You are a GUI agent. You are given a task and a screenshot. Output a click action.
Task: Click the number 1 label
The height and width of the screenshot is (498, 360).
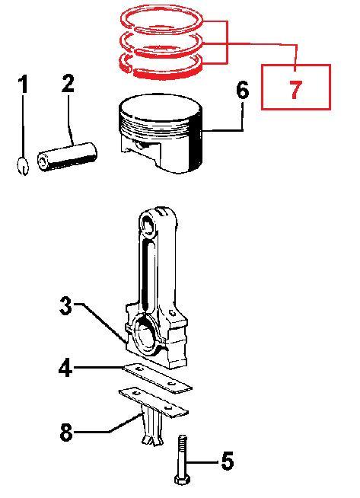coord(23,84)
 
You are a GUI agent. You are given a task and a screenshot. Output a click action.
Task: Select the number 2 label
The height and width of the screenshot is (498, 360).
coord(68,83)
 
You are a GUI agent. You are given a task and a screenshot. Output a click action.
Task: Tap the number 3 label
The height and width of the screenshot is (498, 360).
coord(66,305)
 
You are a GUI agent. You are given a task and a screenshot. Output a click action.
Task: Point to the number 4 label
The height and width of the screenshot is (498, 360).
coord(65,368)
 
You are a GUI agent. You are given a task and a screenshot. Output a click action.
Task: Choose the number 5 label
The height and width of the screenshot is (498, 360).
coord(228,461)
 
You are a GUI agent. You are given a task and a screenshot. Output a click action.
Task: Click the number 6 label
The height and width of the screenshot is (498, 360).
coord(243,90)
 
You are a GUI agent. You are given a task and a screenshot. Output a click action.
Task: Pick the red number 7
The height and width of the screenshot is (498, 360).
coord(295,90)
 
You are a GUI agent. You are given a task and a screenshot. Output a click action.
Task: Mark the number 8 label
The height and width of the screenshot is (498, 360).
coord(66,432)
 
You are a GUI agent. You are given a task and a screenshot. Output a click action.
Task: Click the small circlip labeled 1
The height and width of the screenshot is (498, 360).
coord(23,165)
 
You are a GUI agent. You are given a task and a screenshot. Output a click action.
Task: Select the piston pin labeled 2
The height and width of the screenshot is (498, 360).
coord(67,157)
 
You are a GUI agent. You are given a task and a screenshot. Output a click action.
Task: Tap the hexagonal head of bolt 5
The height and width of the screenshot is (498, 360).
coord(182,480)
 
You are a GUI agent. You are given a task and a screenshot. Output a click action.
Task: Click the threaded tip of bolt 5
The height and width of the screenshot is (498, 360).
coord(183,442)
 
